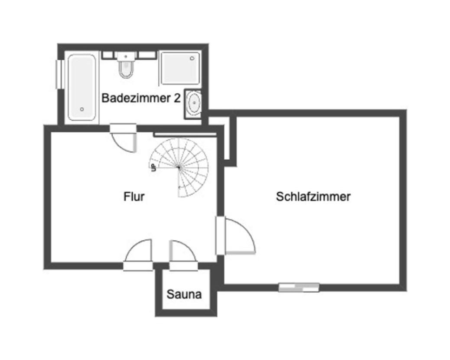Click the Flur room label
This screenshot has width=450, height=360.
click(x=134, y=197)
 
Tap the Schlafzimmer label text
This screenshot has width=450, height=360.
click(x=313, y=197)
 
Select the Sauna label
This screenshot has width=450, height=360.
click(x=184, y=295)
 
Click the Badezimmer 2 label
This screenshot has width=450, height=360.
click(x=140, y=98)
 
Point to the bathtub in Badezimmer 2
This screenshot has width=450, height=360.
click(x=82, y=87)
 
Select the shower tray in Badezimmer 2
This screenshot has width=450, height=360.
click(x=180, y=68)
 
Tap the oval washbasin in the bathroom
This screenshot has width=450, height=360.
click(x=193, y=104)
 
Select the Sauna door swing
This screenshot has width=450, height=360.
click(x=183, y=251)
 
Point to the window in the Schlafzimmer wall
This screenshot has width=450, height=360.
click(x=299, y=287)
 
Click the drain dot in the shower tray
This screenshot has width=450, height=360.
click(x=192, y=58)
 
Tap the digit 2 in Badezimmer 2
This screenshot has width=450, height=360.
click(x=177, y=98)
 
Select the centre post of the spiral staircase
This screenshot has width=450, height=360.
click(x=179, y=167)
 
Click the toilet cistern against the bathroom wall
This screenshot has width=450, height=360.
click(x=126, y=56)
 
